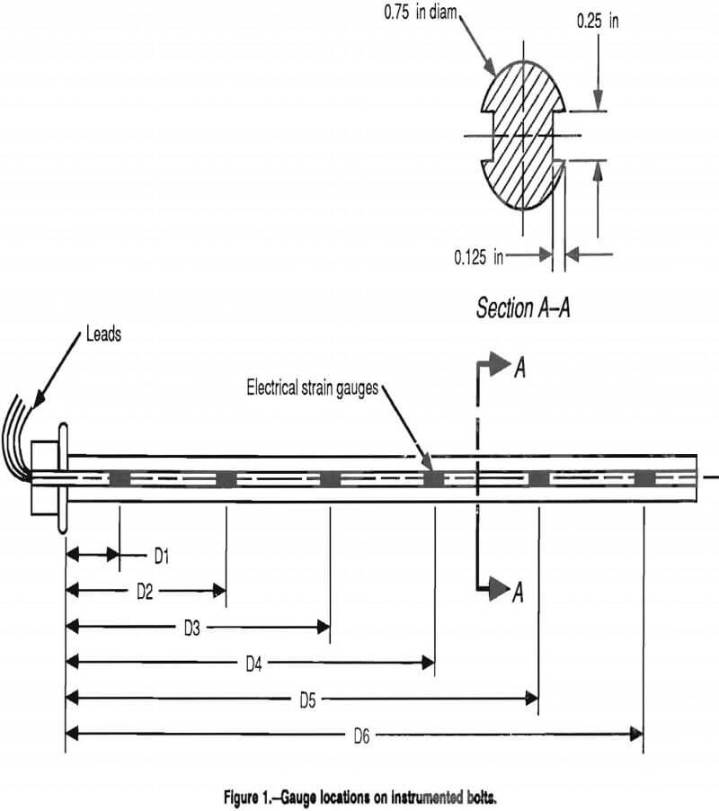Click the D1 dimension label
(161, 557)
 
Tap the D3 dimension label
(191, 628)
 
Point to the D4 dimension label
(254, 664)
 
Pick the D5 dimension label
(306, 699)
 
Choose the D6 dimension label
(361, 735)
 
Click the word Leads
(103, 334)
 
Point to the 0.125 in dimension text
(479, 257)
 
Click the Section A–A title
(524, 308)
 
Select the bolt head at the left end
(49, 477)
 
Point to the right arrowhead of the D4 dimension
(428, 664)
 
